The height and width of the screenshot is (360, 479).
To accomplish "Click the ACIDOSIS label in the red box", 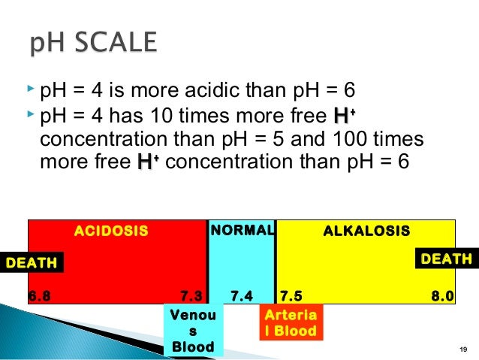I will coord(110,231).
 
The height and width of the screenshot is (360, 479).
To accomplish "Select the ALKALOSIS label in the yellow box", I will coord(366,230).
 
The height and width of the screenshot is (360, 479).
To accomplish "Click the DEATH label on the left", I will coord(32,262).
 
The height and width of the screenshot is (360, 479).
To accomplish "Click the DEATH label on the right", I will coord(447,259).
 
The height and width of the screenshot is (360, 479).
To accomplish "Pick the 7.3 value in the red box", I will coord(192,295).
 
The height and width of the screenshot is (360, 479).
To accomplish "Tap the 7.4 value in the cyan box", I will coord(242,295).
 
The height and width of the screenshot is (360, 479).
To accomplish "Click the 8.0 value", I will coord(442,295).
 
